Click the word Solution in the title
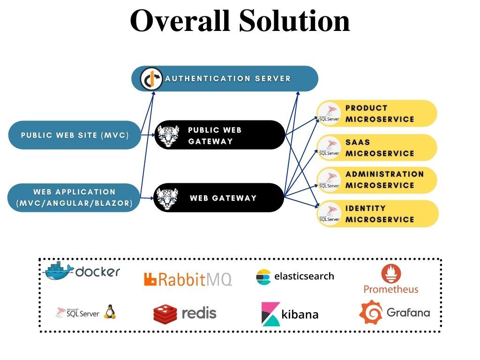pos(294,21)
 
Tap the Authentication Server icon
pos(151,79)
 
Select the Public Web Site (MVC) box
pos(75,135)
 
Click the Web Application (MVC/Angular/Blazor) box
pos(75,197)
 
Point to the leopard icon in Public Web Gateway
pos(168,135)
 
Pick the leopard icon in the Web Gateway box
pos(167,198)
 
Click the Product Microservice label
pos(380,113)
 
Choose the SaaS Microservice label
pos(380,148)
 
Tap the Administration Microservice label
pos(384,180)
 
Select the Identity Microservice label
pos(380,214)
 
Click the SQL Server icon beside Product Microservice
pos(329,113)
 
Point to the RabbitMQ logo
pos(188,279)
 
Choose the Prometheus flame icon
pos(391,273)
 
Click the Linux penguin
pos(110,311)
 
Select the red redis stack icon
pos(165,314)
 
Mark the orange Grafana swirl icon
pos(371,312)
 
